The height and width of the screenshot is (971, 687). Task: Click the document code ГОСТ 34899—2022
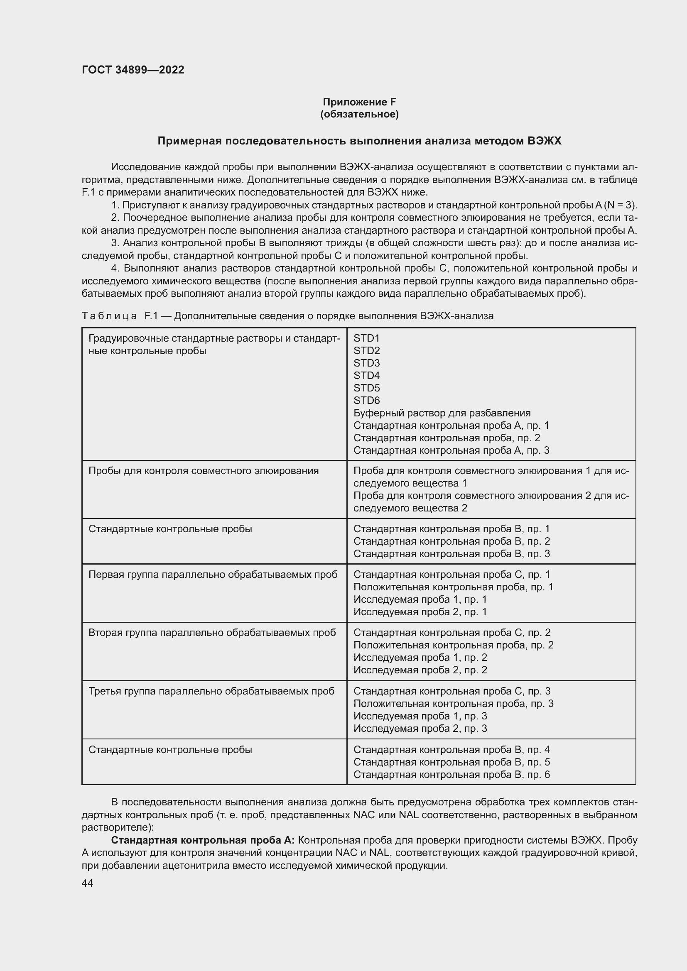133,70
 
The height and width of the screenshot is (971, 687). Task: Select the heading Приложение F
359,102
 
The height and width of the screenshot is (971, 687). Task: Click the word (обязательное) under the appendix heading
359,114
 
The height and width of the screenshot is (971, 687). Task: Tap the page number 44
88,883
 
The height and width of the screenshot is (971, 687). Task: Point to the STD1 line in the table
366,338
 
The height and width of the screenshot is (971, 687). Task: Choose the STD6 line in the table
366,400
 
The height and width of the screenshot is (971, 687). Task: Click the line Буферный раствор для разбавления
442,413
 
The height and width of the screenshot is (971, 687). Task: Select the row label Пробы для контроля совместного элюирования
203,471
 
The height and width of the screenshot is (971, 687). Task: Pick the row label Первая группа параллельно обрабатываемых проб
212,574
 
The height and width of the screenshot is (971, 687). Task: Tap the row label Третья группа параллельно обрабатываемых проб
211,691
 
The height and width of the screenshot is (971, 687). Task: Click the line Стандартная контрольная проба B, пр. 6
451,774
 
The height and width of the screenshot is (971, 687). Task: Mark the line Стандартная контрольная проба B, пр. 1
451,528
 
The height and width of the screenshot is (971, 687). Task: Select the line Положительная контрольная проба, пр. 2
453,645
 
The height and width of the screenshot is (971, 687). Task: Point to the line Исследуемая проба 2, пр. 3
420,728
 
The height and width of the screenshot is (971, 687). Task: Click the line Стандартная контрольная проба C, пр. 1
451,574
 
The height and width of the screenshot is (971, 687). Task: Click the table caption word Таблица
109,316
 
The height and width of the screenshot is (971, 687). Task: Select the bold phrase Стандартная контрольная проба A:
203,840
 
